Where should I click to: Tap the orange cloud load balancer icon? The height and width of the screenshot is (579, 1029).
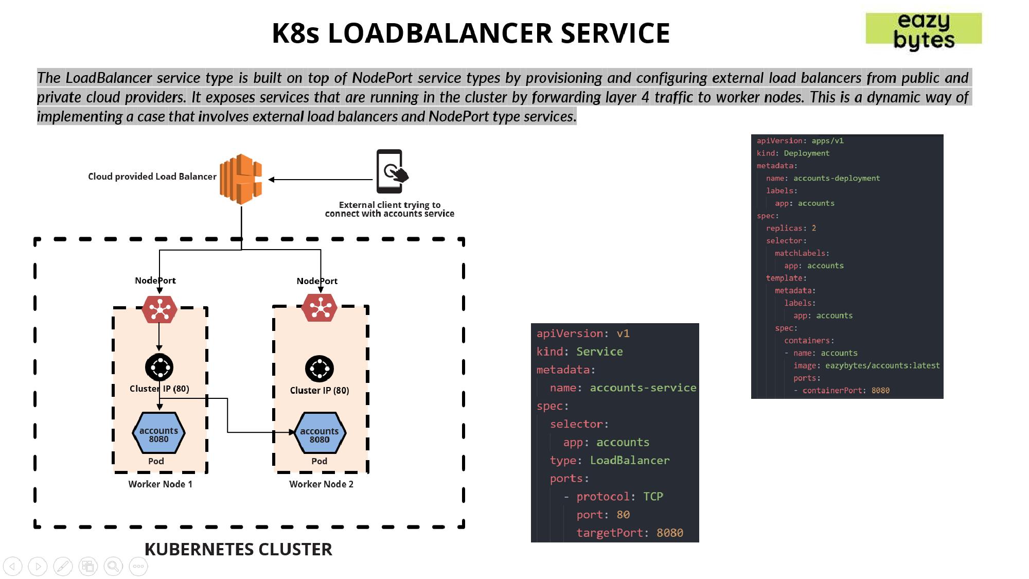[x=241, y=179]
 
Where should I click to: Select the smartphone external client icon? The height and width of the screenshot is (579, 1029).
[x=391, y=171]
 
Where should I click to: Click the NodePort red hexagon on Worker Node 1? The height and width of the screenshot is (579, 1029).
[x=159, y=309]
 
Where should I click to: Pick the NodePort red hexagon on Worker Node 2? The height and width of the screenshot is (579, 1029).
[x=320, y=308]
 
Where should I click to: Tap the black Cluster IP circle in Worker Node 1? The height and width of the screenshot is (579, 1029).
[x=159, y=367]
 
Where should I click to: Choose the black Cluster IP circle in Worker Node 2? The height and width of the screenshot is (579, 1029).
[x=320, y=369]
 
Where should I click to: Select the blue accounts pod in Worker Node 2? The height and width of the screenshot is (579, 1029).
[x=320, y=433]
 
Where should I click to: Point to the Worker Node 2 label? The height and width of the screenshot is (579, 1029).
[x=321, y=484]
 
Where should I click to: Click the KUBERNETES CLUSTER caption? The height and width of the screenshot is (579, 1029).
[x=238, y=549]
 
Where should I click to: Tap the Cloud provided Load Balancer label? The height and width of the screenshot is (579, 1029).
[x=152, y=177]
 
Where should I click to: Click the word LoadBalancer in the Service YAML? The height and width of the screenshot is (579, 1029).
[x=630, y=460]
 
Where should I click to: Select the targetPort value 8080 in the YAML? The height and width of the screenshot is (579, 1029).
[x=669, y=533]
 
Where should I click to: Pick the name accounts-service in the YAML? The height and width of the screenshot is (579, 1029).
[x=643, y=388]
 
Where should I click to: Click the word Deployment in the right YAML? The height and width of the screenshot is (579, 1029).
[x=806, y=153]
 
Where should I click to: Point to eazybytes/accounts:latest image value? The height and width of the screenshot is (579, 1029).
[x=882, y=365]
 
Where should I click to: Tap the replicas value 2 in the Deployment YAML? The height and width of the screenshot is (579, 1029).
[x=813, y=228]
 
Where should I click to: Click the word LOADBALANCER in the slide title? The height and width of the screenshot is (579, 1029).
[x=440, y=33]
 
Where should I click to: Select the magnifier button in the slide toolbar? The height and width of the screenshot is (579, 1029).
[x=113, y=567]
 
